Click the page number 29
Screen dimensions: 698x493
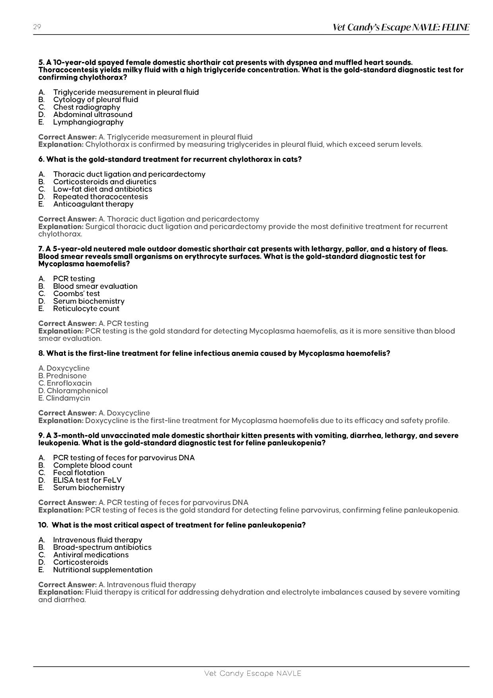(37, 27)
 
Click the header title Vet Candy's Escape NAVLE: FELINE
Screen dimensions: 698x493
(401, 27)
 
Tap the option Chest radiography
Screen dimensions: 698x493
(86, 107)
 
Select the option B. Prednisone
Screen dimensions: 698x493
(62, 376)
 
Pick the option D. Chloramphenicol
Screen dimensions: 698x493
(73, 391)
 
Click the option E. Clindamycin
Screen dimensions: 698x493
(64, 398)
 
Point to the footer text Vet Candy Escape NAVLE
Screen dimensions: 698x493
(253, 673)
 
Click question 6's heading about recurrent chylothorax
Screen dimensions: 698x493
(170, 160)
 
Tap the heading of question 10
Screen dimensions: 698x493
(172, 525)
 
